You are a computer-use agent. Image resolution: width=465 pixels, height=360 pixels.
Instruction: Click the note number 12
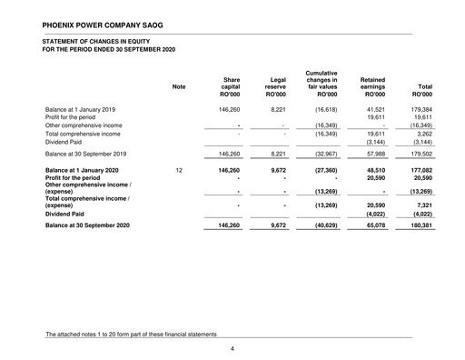[x=179, y=169]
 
